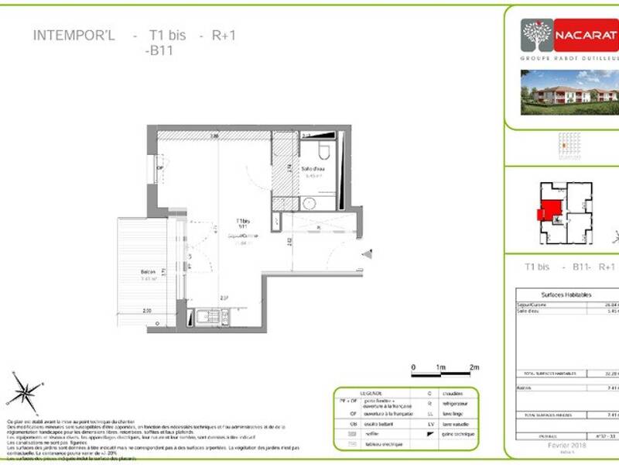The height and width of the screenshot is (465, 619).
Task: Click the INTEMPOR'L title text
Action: pyautogui.click(x=74, y=35)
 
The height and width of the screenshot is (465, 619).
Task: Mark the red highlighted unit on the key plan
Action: pyautogui.click(x=549, y=209)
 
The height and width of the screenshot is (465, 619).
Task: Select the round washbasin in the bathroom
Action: pyautogui.click(x=309, y=204)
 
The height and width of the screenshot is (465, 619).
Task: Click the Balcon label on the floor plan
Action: pyautogui.click(x=149, y=272)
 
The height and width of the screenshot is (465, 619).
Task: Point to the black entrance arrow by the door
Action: pyautogui.click(x=368, y=253)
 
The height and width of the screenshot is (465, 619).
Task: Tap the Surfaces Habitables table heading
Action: pyautogui.click(x=567, y=295)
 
